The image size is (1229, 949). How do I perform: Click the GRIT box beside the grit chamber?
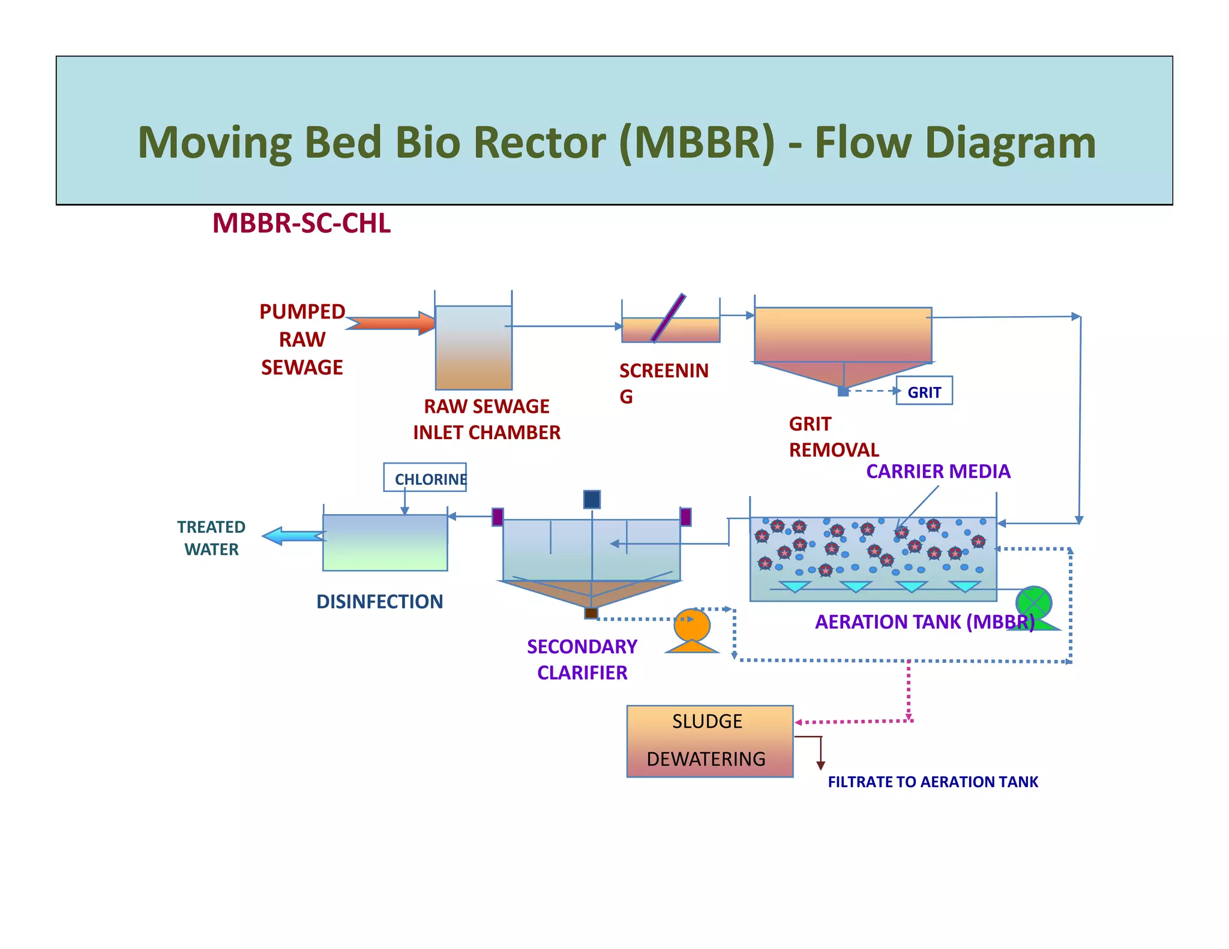click(924, 391)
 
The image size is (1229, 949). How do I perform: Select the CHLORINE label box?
click(425, 477)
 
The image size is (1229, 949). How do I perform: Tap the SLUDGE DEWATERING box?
click(710, 741)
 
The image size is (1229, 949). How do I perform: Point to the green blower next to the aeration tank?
click(1035, 608)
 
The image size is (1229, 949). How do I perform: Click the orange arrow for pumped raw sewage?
click(391, 323)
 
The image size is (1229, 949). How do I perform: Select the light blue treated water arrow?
click(294, 536)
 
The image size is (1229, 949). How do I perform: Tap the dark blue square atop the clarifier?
click(592, 499)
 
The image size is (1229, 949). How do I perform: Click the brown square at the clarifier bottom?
click(591, 612)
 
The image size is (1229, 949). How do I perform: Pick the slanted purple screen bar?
click(669, 318)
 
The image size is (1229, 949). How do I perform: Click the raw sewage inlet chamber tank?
click(473, 347)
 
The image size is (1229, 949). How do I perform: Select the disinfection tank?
click(385, 542)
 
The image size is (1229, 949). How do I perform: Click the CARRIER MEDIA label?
click(938, 472)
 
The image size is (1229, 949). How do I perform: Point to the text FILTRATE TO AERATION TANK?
click(933, 782)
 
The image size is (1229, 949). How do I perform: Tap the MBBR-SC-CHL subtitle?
click(301, 223)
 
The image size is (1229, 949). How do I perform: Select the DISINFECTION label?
click(379, 602)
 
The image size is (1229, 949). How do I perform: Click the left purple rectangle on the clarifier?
click(497, 517)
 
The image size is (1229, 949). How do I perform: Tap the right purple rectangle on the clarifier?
click(686, 517)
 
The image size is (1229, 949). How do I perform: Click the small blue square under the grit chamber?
click(843, 392)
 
